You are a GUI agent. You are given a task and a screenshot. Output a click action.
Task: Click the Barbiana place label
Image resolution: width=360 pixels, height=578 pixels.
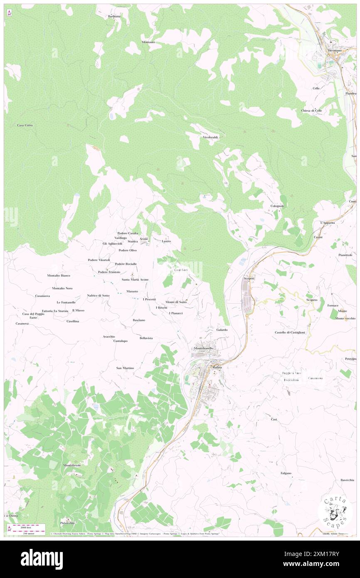[114, 16]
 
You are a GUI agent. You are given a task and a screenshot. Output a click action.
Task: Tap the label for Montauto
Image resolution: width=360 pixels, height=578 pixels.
[148, 42]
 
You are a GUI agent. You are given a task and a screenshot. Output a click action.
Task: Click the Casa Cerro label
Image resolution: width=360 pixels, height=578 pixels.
[25, 125]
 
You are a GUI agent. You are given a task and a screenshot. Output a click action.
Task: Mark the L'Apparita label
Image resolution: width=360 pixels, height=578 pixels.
[327, 223]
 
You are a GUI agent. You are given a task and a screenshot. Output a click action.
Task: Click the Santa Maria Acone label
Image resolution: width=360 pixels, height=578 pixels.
[135, 279]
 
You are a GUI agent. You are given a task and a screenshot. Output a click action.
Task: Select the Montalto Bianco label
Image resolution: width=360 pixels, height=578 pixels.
[59, 276]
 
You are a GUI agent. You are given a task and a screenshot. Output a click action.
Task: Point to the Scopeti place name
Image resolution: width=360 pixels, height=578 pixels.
[249, 278]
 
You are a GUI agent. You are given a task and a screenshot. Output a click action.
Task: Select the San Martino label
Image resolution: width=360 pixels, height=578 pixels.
[125, 368]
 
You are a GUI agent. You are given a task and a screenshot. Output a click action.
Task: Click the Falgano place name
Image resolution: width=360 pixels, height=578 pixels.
[286, 473]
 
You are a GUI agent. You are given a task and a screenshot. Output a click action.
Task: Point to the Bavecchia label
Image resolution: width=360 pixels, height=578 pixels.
[347, 480]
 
